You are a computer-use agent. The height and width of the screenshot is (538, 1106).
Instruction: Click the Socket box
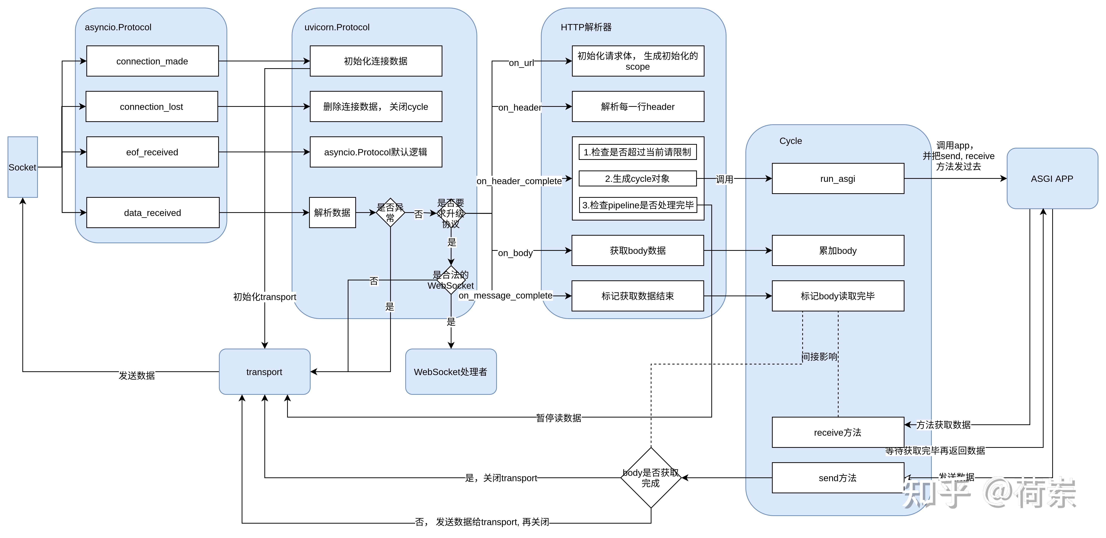(22, 167)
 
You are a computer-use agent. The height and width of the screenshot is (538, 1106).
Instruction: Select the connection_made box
(152, 61)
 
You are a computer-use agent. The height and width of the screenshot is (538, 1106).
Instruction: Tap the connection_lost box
(152, 106)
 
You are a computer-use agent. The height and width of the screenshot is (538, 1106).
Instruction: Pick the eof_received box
(152, 152)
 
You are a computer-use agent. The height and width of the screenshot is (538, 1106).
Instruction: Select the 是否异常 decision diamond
(390, 213)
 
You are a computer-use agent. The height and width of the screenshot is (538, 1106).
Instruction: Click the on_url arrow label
(521, 63)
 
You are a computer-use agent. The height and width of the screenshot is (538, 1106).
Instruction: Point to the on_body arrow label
(515, 253)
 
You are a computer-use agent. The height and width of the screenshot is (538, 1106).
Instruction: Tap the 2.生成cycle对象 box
(638, 179)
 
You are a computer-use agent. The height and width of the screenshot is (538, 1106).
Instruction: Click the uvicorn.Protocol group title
(337, 27)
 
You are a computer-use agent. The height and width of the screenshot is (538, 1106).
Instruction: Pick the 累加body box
(838, 250)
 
